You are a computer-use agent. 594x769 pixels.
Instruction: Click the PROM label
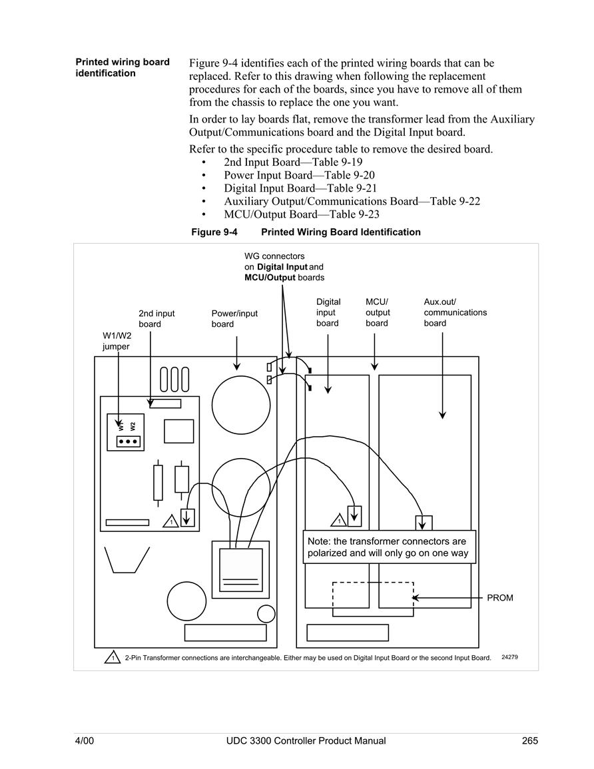tap(500, 598)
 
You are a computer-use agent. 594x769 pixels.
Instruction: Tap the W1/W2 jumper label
tap(117, 341)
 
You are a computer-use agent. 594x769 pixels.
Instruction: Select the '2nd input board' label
tap(156, 319)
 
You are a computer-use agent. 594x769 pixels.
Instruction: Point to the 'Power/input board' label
tap(234, 319)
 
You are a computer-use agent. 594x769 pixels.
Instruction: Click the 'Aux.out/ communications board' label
tap(455, 312)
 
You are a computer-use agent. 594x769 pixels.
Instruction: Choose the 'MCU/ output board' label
tap(378, 312)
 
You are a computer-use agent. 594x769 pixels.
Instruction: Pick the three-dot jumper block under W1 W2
tap(129, 441)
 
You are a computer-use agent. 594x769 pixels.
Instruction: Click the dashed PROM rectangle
tap(333, 599)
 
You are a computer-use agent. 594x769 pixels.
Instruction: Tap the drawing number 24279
tap(509, 657)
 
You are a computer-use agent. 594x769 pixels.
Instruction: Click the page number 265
tap(530, 740)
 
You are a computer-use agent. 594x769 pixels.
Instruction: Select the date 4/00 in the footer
tap(85, 740)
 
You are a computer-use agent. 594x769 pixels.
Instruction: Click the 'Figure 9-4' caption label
tap(214, 232)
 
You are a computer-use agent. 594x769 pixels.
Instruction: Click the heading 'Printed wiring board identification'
tap(123, 68)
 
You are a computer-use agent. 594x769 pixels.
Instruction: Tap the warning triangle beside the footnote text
tap(113, 656)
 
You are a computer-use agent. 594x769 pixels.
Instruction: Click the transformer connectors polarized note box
tap(389, 547)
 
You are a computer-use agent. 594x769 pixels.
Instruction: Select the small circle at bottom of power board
tap(266, 613)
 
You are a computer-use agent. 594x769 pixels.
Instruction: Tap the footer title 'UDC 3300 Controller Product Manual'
tap(306, 740)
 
